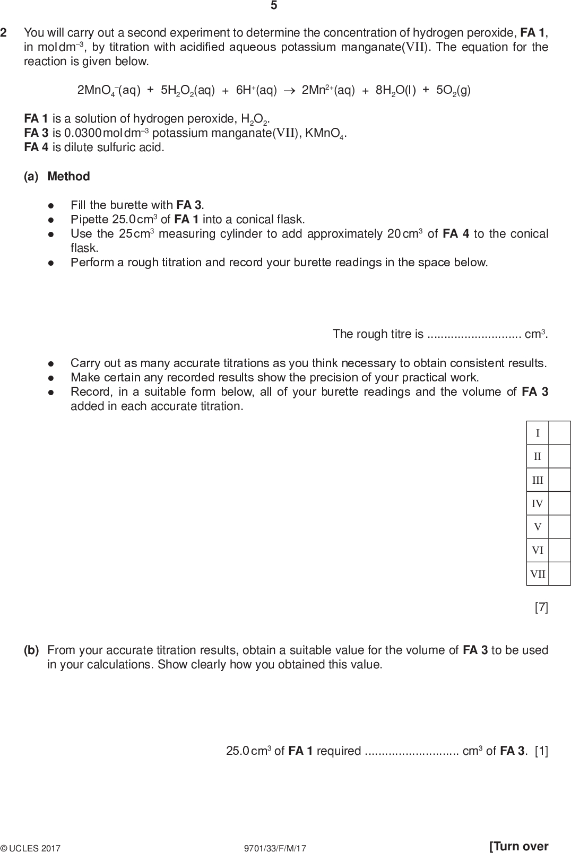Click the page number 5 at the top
pyautogui.click(x=274, y=6)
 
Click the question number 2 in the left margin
pyautogui.click(x=4, y=33)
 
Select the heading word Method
pyautogui.click(x=68, y=176)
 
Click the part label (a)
pyautogui.click(x=31, y=176)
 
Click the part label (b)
pyautogui.click(x=31, y=650)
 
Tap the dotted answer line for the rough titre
pyautogui.click(x=474, y=335)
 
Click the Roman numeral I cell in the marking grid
pyautogui.click(x=538, y=433)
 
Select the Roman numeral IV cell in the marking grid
pyautogui.click(x=538, y=503)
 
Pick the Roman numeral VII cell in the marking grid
pyautogui.click(x=538, y=573)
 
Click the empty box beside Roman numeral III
pyautogui.click(x=559, y=480)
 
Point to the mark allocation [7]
pyautogui.click(x=541, y=607)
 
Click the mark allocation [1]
pyautogui.click(x=541, y=751)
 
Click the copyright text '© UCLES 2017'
pyautogui.click(x=31, y=848)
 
